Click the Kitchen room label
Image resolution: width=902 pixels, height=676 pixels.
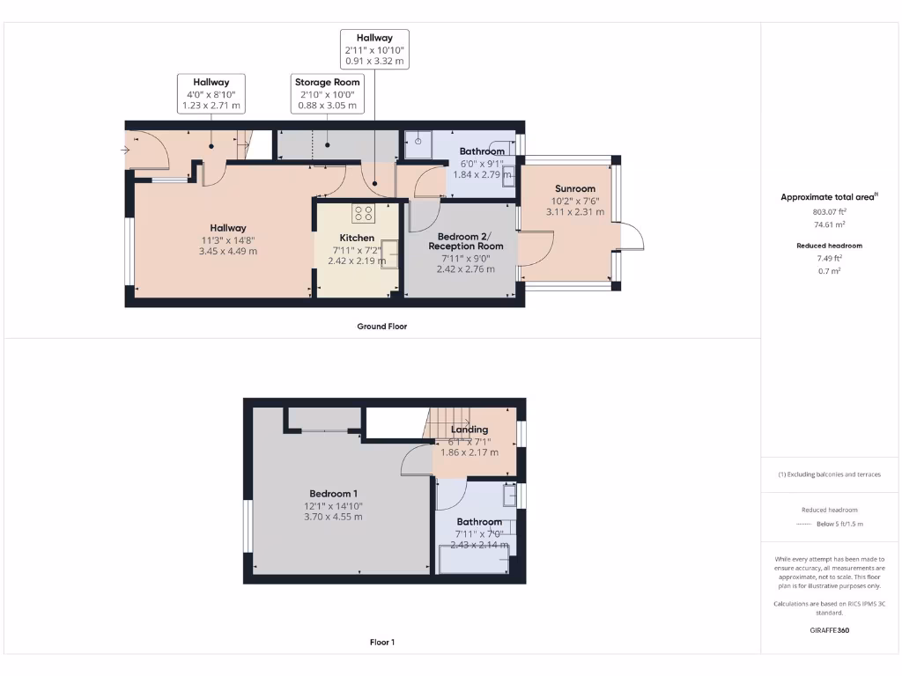tap(357, 238)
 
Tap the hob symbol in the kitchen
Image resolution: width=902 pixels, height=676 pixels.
tap(363, 213)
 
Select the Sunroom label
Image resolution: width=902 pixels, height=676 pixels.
tap(575, 188)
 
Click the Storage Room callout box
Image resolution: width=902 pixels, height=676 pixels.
tap(328, 93)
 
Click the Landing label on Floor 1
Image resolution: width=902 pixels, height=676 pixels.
tap(469, 430)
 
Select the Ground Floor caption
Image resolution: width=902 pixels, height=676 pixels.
tap(381, 326)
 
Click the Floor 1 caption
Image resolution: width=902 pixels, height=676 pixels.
tap(381, 642)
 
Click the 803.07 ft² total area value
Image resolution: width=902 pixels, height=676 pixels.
tap(830, 212)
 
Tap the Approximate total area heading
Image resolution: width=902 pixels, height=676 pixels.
tap(829, 197)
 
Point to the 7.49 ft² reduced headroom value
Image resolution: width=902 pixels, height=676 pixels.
tap(830, 259)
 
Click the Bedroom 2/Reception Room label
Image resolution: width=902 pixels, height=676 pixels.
tap(465, 241)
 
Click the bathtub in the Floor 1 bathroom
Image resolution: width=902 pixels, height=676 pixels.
tap(473, 561)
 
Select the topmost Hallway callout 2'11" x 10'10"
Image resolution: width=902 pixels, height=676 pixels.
tap(374, 49)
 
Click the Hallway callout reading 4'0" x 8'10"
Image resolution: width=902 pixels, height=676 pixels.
tap(211, 93)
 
